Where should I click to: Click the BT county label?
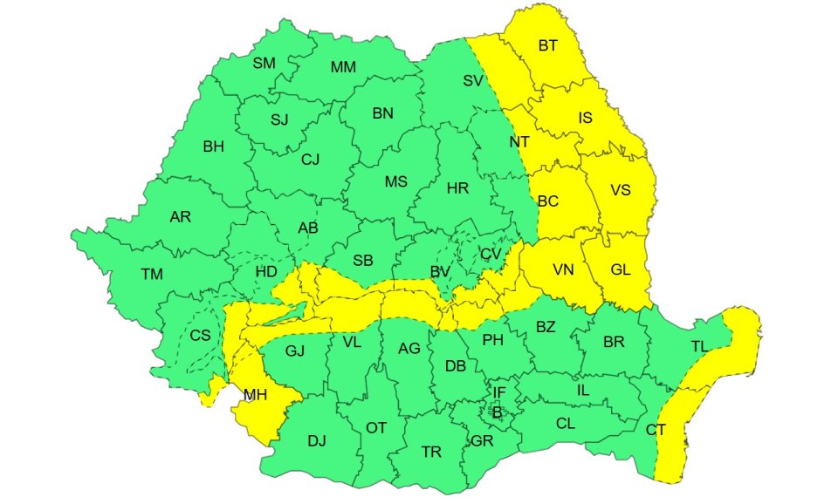(547, 46)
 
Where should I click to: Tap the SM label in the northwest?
(264, 63)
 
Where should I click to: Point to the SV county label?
(473, 80)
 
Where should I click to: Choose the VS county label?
(621, 190)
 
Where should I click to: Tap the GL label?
(621, 270)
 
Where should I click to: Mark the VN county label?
(563, 270)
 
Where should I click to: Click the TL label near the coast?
(699, 346)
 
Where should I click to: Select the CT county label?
(656, 429)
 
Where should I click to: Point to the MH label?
(255, 395)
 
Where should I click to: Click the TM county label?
(152, 275)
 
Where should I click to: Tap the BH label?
(213, 146)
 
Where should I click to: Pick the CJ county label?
(311, 160)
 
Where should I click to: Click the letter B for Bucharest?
(497, 412)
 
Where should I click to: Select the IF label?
(498, 393)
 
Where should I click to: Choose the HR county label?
(457, 188)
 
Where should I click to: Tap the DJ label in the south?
(316, 440)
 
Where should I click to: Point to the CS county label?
(200, 336)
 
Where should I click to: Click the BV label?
(439, 273)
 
